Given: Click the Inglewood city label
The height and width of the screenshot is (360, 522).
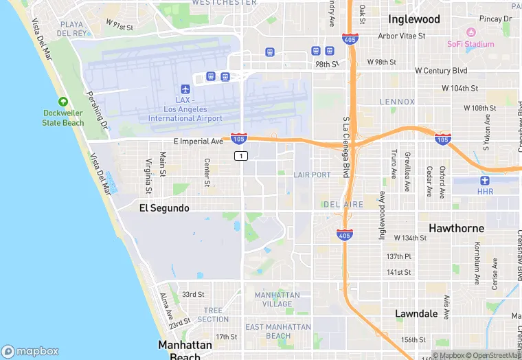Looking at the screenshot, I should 413,19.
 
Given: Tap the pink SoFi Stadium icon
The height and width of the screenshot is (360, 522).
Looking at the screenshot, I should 470,32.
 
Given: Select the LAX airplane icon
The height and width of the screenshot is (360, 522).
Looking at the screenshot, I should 185,89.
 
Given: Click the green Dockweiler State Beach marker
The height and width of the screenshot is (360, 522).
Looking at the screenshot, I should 63,102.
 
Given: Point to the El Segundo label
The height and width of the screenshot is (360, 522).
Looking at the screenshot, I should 164,207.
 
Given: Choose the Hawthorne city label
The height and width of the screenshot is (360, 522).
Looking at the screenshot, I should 456,228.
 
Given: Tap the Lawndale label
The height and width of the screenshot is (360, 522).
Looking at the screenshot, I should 416,313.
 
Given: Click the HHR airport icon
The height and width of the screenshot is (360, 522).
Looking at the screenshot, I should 486,181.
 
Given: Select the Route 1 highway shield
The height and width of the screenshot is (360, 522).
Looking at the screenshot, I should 240,156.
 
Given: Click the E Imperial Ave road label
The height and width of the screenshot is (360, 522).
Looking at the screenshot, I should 198,142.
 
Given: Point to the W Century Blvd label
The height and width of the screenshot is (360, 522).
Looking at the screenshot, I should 441,71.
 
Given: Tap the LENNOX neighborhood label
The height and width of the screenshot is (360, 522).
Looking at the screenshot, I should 398,102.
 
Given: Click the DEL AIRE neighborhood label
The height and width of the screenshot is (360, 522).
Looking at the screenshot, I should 339,204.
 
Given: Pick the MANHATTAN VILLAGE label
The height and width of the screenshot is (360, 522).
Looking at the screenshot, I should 277,299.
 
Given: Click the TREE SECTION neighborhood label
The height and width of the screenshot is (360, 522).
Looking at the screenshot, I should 212,315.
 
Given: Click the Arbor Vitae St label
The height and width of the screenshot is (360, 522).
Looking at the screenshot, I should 402,36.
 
